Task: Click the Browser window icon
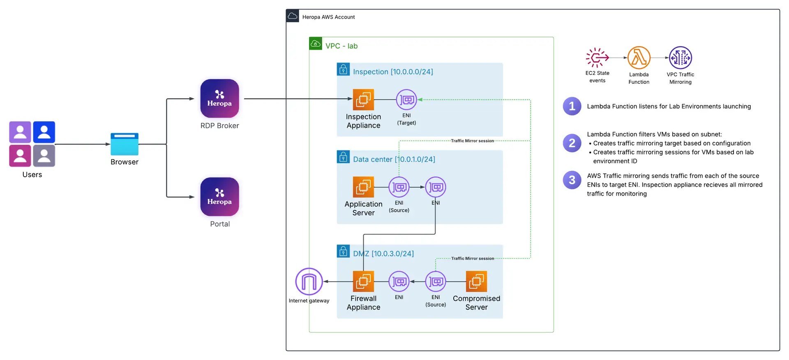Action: pyautogui.click(x=125, y=144)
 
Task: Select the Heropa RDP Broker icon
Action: pyautogui.click(x=219, y=99)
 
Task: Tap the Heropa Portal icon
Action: pyautogui.click(x=219, y=197)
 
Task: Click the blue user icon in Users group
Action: pyautogui.click(x=44, y=132)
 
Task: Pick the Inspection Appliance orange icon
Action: pyautogui.click(x=363, y=99)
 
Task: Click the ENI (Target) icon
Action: pyautogui.click(x=406, y=99)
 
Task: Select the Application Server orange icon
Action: pyautogui.click(x=363, y=187)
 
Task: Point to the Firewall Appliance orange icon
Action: pyautogui.click(x=363, y=282)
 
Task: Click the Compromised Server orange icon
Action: pyautogui.click(x=476, y=282)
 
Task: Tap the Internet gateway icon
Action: pyautogui.click(x=309, y=282)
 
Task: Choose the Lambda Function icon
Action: pyautogui.click(x=639, y=58)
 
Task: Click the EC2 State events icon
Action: pyautogui.click(x=597, y=58)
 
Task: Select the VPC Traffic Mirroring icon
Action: pyautogui.click(x=681, y=58)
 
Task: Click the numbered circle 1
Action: pyautogui.click(x=572, y=106)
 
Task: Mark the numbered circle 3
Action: pyautogui.click(x=572, y=180)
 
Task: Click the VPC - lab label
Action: pyautogui.click(x=341, y=46)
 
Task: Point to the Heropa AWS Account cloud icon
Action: pyautogui.click(x=293, y=16)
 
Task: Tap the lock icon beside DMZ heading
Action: pyautogui.click(x=343, y=251)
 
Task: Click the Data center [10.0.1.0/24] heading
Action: pyautogui.click(x=394, y=159)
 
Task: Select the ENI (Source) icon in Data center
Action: pyautogui.click(x=399, y=187)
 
